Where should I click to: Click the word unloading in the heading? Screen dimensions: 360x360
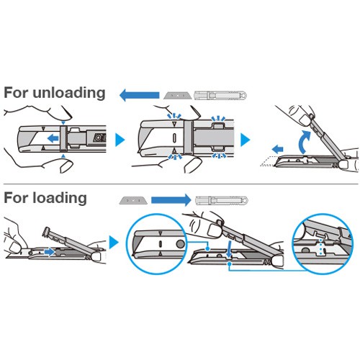pos(69,93)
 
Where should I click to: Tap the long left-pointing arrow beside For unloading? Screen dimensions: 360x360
pos(140,95)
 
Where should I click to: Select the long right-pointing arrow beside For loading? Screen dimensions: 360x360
pos(171,200)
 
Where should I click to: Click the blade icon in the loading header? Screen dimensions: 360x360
pos(133,200)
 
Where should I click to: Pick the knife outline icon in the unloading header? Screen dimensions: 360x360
pos(220,95)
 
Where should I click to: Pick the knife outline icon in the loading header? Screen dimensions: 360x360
pos(222,200)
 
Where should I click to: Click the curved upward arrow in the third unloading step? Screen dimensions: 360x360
pos(304,142)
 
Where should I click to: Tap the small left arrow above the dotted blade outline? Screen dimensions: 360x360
pos(277,149)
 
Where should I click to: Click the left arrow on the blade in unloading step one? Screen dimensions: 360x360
pos(53,138)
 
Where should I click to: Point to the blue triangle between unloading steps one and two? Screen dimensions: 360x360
pos(120,140)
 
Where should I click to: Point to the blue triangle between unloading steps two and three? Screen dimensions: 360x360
pos(245,140)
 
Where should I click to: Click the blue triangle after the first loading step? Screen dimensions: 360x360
pos(114,243)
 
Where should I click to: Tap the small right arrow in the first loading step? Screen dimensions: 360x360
pos(50,252)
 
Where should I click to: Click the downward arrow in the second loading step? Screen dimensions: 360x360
pos(229,250)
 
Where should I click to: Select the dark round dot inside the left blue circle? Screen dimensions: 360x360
pos(181,244)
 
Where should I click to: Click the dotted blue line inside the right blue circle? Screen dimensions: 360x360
pos(320,247)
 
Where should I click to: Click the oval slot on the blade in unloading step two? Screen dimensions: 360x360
pos(174,138)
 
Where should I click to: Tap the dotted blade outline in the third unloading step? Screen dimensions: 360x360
pos(268,161)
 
